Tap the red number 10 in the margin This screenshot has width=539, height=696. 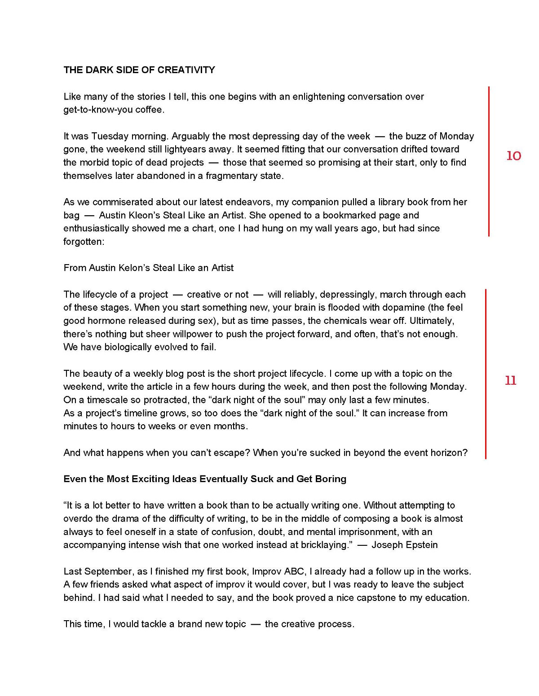(513, 156)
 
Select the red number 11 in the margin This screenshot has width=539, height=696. (511, 381)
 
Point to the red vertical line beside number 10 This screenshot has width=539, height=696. (489, 161)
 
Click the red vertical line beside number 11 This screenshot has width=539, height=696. (486, 374)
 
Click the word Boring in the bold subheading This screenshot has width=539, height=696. (332, 479)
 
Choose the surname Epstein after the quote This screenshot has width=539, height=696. (420, 545)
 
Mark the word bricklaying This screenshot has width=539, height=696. (322, 545)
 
